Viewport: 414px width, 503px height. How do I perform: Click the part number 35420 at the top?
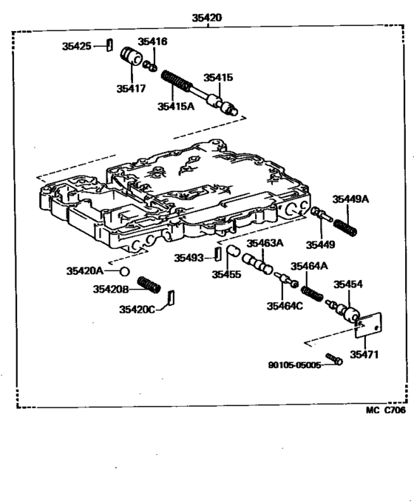point(206,17)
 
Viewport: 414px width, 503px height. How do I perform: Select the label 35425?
point(76,46)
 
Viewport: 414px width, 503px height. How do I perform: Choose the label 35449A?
point(350,199)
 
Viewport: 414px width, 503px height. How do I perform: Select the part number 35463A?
point(265,243)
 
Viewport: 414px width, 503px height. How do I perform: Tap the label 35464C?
point(284,306)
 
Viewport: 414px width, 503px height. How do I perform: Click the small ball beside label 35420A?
point(126,271)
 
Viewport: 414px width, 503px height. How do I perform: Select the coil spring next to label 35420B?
point(151,284)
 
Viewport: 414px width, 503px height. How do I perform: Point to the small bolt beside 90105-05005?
point(334,359)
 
